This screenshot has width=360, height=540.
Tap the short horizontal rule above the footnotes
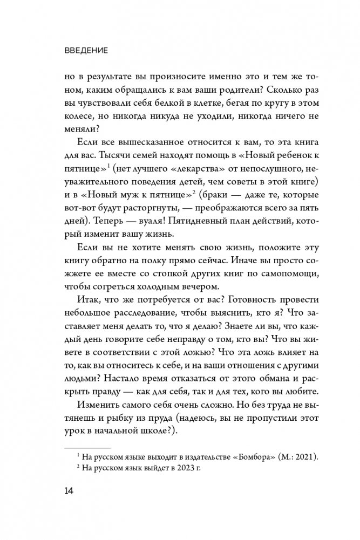click(87, 447)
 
